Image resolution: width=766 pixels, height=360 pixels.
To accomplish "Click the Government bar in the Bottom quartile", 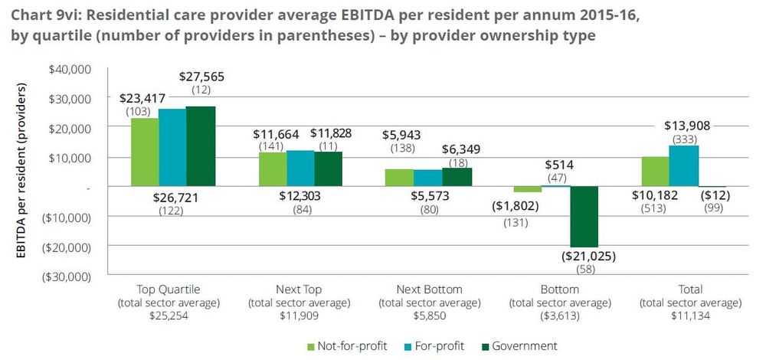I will pos(584,216).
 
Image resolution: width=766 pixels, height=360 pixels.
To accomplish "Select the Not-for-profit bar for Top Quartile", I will pos(145,152).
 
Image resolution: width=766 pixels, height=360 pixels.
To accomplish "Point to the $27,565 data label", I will pos(203,77).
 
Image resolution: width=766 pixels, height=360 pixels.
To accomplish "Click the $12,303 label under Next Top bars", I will pos(301,198).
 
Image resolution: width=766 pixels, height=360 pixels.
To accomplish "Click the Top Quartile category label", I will pos(168,290).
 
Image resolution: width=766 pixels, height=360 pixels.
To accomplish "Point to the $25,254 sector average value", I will pos(168,315).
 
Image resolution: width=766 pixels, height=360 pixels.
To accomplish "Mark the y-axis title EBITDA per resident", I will pos(21,172).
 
